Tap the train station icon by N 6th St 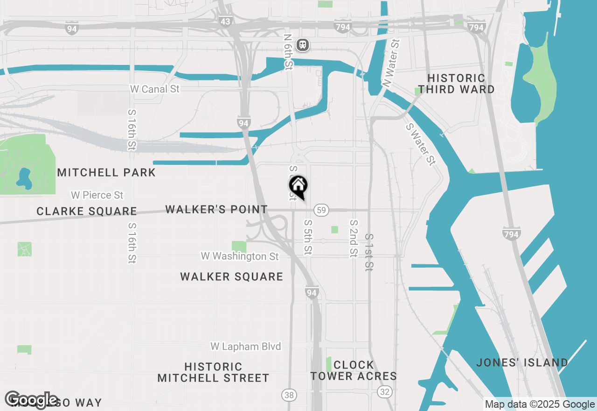pyautogui.click(x=303, y=45)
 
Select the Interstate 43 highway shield pyautogui.click(x=225, y=21)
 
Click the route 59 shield pyautogui.click(x=320, y=210)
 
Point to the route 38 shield pyautogui.click(x=289, y=395)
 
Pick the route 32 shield pyautogui.click(x=385, y=391)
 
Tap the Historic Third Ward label pyautogui.click(x=456, y=84)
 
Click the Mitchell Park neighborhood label pyautogui.click(x=106, y=172)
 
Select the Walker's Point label pyautogui.click(x=216, y=209)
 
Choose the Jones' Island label pyautogui.click(x=522, y=362)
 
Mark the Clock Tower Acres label pyautogui.click(x=354, y=370)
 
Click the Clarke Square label pyautogui.click(x=87, y=211)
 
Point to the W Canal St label pyautogui.click(x=154, y=89)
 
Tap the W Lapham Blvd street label pyautogui.click(x=246, y=346)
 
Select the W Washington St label pyautogui.click(x=240, y=256)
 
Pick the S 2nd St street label pyautogui.click(x=354, y=238)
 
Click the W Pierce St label pyautogui.click(x=97, y=195)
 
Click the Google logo pyautogui.click(x=32, y=400)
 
